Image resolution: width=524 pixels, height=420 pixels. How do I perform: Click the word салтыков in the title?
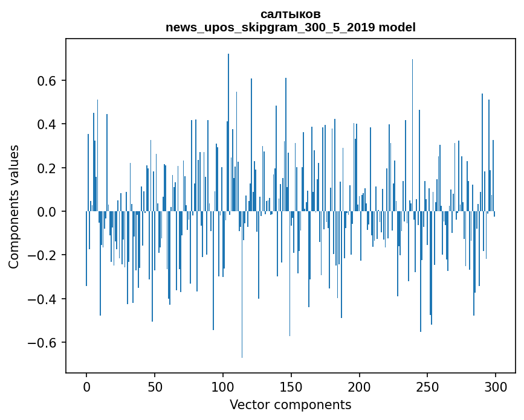click(x=290, y=14)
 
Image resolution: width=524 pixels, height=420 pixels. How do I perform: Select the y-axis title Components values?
click(x=14, y=206)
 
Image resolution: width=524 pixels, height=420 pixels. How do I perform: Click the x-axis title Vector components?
click(x=290, y=404)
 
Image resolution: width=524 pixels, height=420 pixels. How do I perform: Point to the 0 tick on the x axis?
click(x=86, y=386)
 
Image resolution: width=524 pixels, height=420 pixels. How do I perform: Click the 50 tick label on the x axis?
click(x=155, y=386)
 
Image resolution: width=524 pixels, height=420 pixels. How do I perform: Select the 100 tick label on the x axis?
click(x=223, y=386)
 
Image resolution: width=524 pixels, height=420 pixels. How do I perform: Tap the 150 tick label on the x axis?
click(x=291, y=386)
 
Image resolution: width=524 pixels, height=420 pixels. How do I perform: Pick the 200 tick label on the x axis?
click(x=359, y=386)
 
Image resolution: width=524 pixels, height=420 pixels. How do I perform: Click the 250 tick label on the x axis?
click(x=427, y=386)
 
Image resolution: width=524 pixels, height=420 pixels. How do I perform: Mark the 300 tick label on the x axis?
click(x=496, y=386)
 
